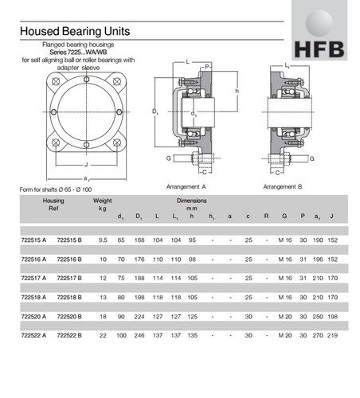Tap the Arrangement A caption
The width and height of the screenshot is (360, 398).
(x=186, y=186)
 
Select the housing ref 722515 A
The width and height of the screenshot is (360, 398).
(x=33, y=238)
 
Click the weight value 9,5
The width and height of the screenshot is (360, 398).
(x=103, y=238)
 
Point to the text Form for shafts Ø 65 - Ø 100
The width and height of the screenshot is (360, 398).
(x=61, y=189)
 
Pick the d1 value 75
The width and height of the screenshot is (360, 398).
(x=121, y=278)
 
